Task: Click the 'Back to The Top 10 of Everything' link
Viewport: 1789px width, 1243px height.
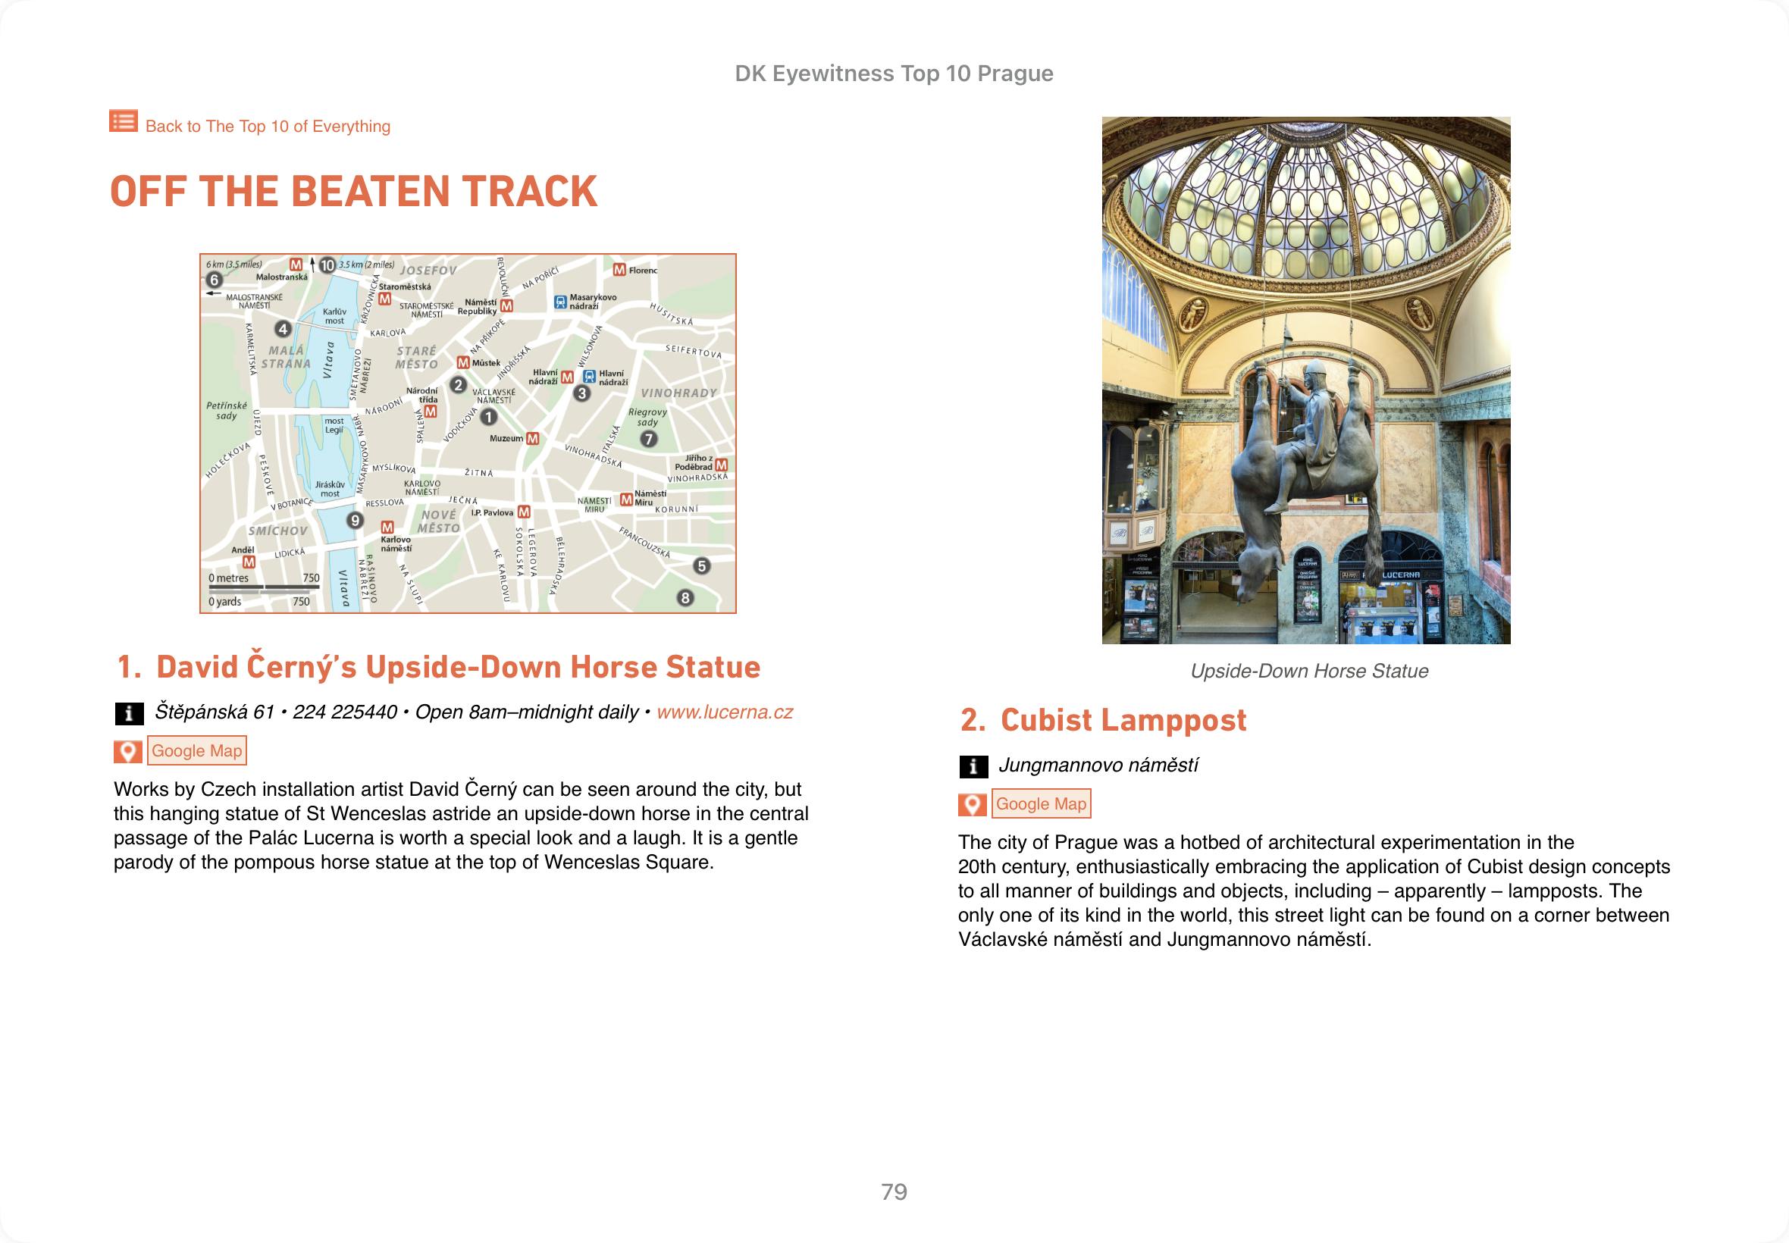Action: click(267, 126)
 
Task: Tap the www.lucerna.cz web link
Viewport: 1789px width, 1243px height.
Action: click(725, 712)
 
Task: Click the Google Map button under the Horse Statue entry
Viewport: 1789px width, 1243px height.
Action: click(196, 751)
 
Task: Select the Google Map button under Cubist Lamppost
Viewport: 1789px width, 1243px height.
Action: click(1041, 803)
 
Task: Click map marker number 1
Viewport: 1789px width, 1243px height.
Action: click(488, 418)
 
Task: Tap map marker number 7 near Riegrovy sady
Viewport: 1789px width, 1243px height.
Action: click(648, 440)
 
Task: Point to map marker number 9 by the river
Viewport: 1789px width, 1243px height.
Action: click(356, 520)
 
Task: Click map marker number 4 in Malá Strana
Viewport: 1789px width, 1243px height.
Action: click(284, 330)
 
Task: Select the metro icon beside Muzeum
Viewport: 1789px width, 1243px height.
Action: click(533, 440)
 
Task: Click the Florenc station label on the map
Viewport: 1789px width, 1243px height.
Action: click(643, 271)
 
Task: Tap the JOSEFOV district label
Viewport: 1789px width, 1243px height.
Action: click(428, 271)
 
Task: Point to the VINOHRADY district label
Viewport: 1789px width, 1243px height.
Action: click(678, 393)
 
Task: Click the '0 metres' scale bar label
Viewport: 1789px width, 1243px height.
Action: click(229, 578)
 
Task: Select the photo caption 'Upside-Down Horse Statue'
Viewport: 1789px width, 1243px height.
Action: click(1308, 672)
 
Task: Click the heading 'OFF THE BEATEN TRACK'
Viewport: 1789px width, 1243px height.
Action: click(353, 192)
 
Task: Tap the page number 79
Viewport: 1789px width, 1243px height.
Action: click(894, 1191)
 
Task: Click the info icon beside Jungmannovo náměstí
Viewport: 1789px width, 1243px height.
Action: click(973, 767)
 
